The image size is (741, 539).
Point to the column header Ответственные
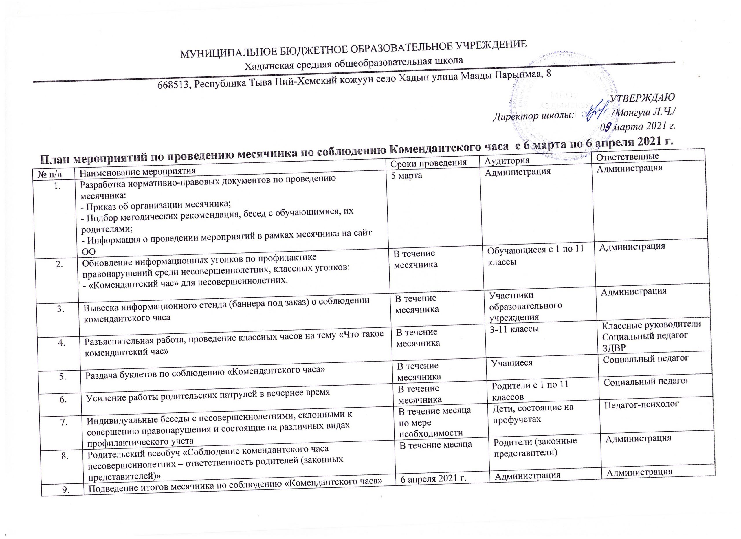[x=627, y=157]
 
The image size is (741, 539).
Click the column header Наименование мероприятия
[x=138, y=171]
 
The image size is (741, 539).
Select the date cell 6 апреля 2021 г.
[x=432, y=479]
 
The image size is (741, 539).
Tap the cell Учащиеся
[x=512, y=363]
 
